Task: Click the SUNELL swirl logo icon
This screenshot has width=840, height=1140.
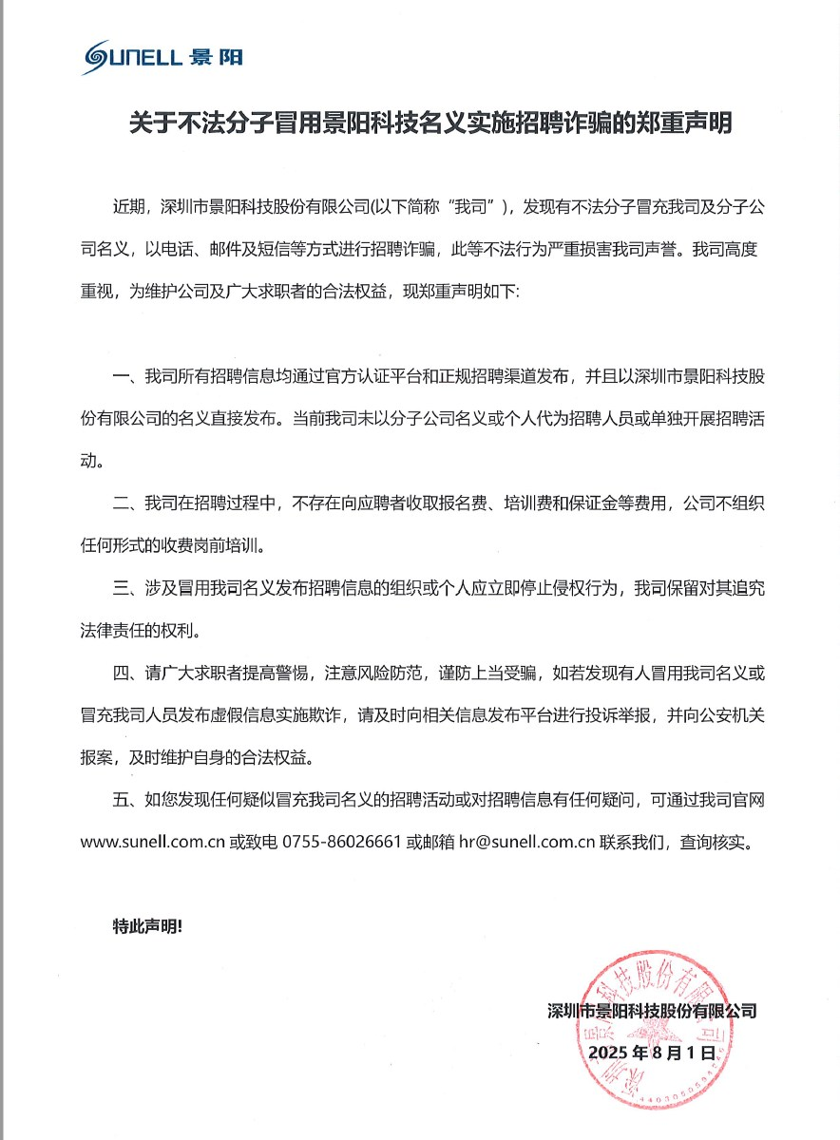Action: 100,58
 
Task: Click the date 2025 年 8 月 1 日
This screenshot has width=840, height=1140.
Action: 651,1053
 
